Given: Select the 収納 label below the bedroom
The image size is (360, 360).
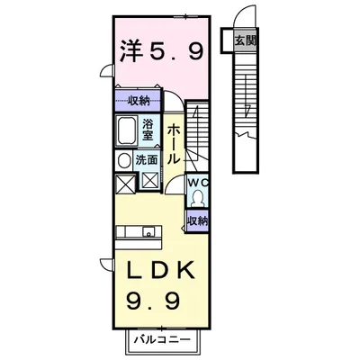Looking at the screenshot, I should (137, 101).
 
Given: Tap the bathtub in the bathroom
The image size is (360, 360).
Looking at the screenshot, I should (127, 133).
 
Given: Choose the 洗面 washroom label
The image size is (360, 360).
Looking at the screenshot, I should (148, 160).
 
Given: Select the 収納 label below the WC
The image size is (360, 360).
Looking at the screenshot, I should (198, 219).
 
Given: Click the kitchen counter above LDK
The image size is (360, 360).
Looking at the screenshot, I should (136, 237).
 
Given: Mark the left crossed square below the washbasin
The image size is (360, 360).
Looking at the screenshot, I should (123, 182).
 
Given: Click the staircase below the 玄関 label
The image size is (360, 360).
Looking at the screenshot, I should (243, 108).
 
